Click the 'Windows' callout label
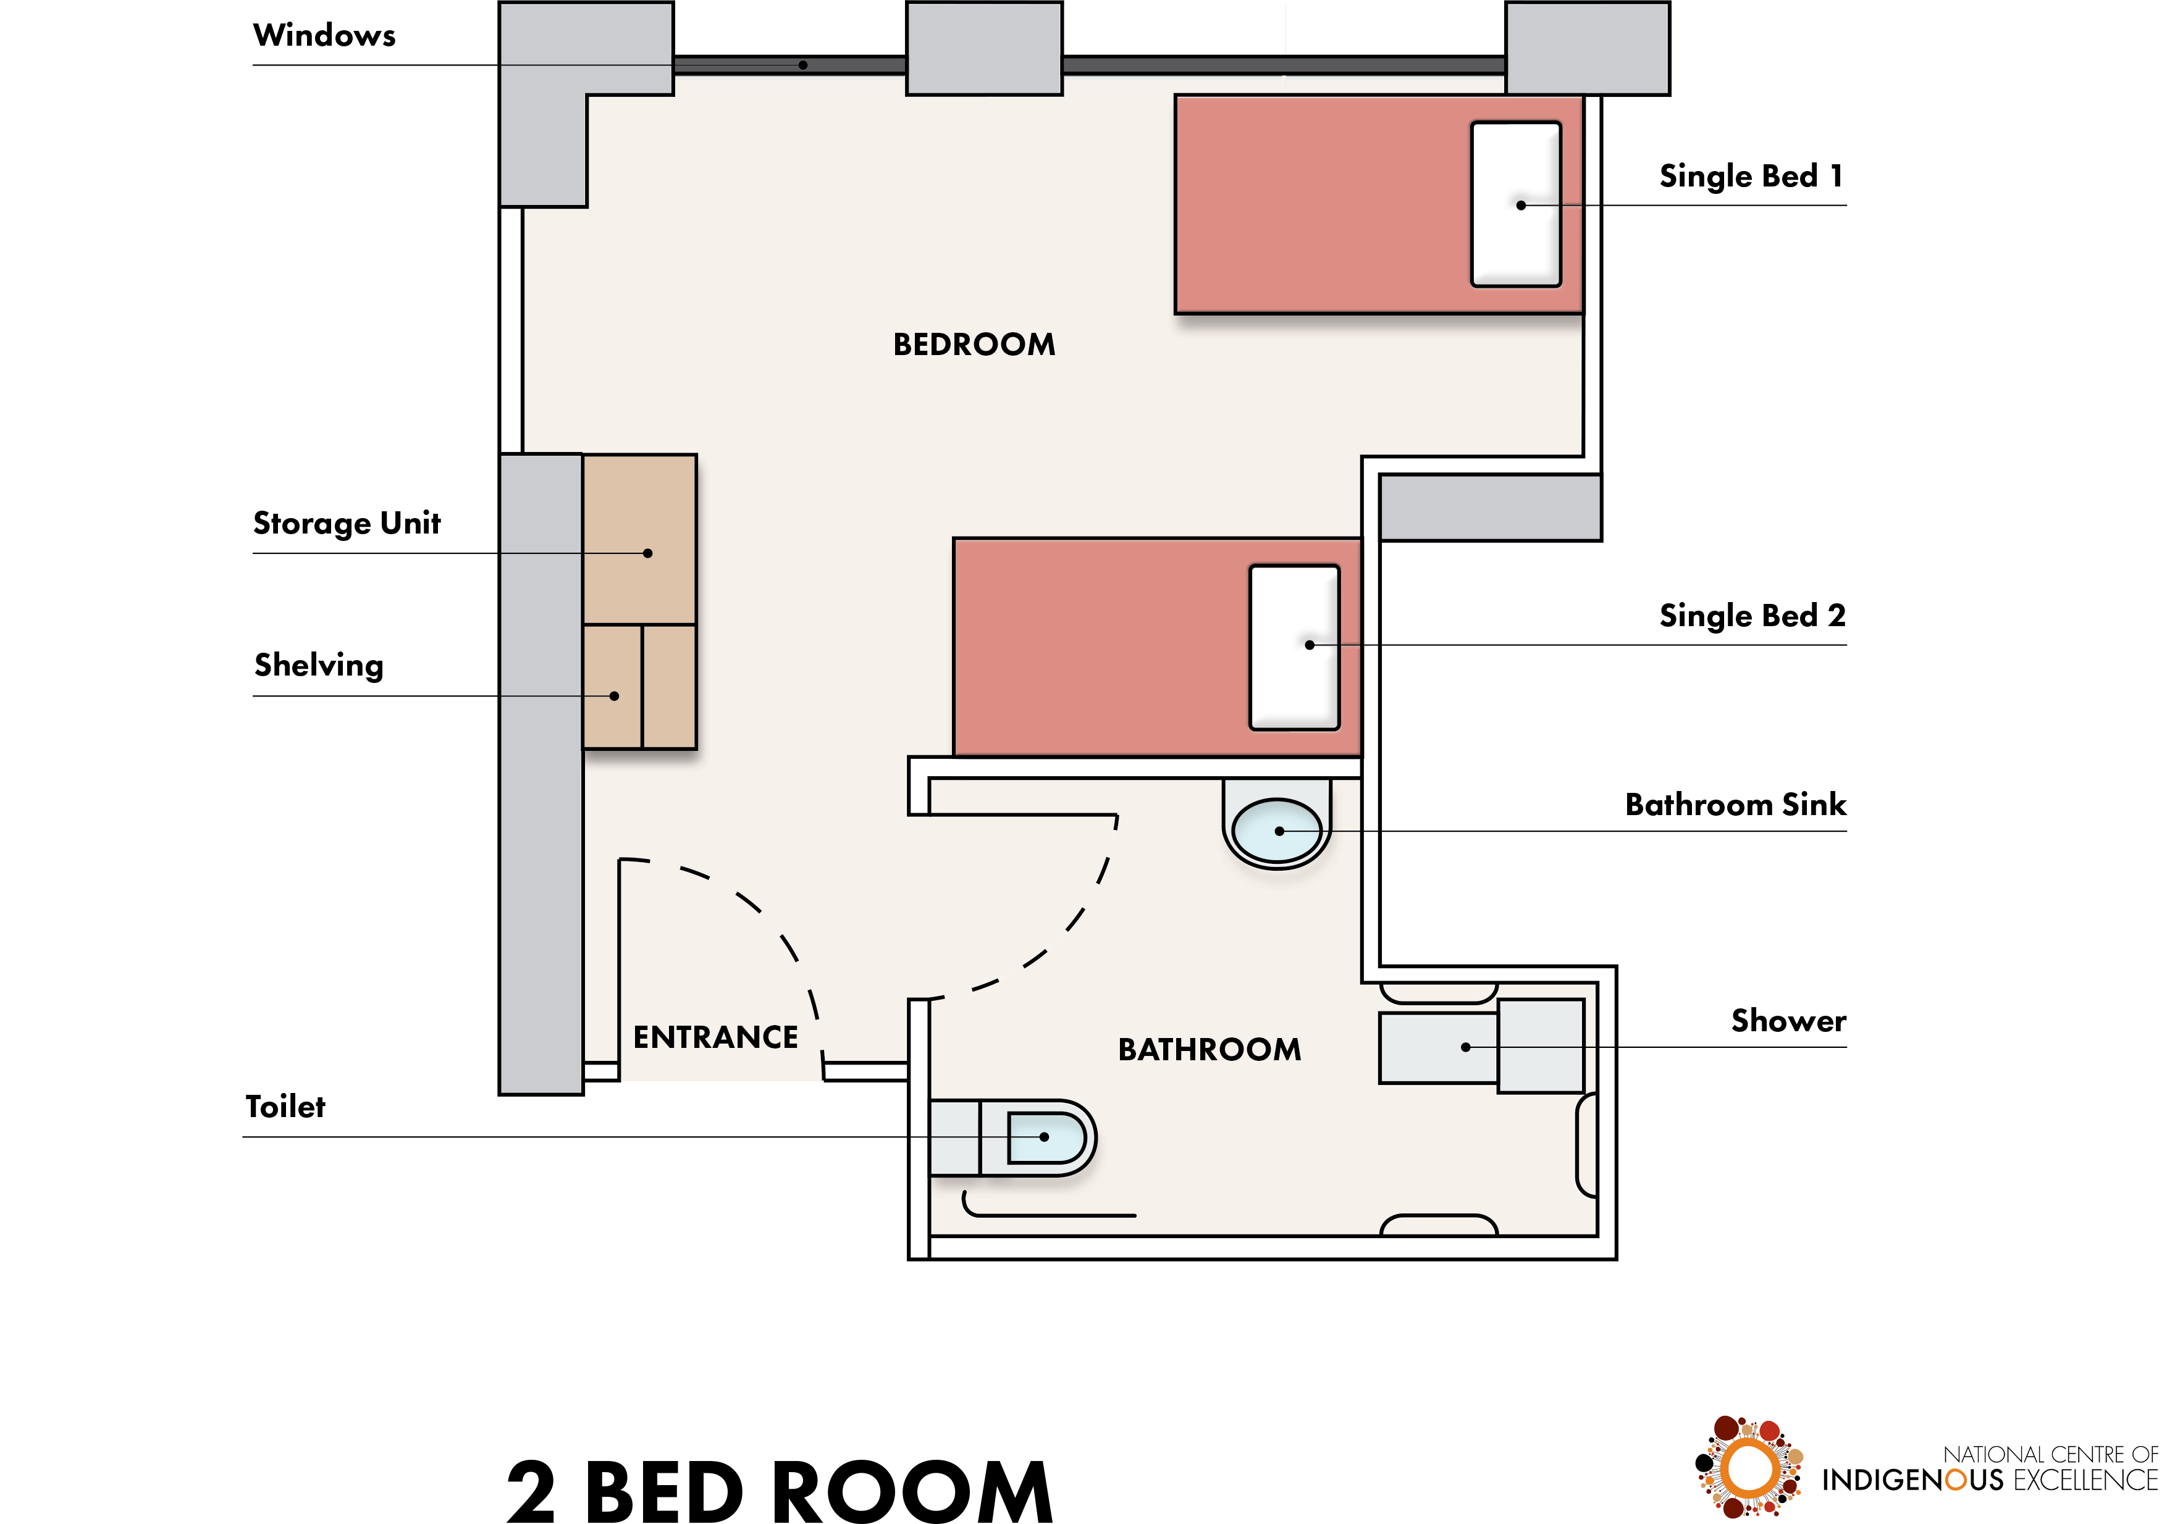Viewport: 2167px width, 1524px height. (324, 35)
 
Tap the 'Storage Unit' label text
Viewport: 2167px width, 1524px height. (347, 524)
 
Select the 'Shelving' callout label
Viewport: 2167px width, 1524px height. (319, 665)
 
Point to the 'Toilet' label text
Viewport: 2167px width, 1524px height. (285, 1106)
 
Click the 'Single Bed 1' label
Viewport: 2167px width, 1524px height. (1751, 177)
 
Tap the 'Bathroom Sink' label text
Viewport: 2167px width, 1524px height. (1735, 804)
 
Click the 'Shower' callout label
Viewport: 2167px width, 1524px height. (1788, 1020)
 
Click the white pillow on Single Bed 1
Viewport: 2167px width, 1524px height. (1516, 204)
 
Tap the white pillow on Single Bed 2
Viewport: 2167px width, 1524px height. (1294, 647)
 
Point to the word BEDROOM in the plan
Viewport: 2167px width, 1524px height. (974, 345)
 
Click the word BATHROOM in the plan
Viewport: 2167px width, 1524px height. (1209, 1049)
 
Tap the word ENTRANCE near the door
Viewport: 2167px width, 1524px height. (715, 1037)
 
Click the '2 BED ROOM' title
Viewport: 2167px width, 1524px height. (780, 1491)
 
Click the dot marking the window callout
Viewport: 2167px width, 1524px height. (803, 65)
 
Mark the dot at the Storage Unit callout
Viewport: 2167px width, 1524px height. (647, 553)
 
